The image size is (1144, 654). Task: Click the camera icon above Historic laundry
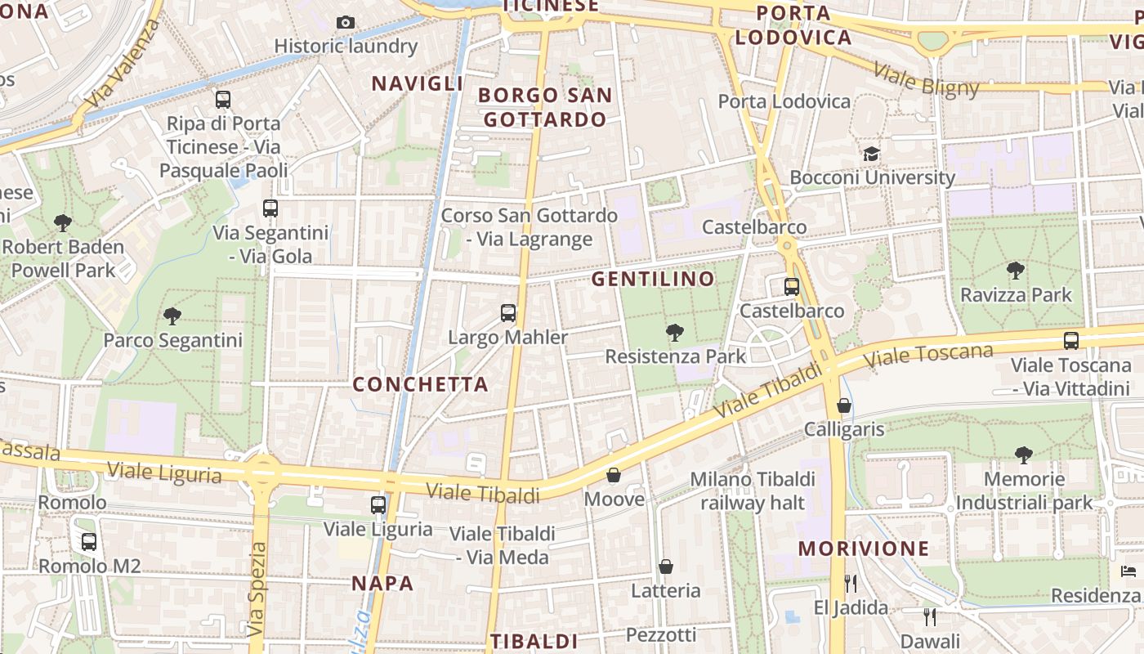[x=346, y=22]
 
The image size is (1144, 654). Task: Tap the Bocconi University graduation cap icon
[x=871, y=154]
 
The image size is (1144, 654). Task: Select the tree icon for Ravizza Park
[x=1016, y=270]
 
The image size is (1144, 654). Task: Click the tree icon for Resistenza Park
[x=674, y=332]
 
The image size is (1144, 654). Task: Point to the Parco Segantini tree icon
[x=172, y=316]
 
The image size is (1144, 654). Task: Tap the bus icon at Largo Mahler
[x=508, y=312]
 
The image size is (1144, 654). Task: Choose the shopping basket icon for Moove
[x=614, y=475]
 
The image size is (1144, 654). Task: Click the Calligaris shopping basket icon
[x=844, y=405]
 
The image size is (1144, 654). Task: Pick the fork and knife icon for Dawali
[x=929, y=616]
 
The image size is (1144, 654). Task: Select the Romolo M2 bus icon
[x=89, y=541]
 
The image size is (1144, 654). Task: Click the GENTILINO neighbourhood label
[x=653, y=279]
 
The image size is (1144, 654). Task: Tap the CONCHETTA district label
[x=420, y=384]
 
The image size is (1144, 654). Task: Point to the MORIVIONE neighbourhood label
[x=864, y=549]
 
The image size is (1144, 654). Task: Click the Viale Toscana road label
[x=928, y=356]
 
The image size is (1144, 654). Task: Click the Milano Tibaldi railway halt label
[x=753, y=490]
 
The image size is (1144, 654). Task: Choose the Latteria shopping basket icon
[x=666, y=567]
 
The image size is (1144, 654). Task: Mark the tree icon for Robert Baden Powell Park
[x=63, y=222]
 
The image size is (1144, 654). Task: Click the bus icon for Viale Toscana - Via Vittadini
[x=1070, y=341]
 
